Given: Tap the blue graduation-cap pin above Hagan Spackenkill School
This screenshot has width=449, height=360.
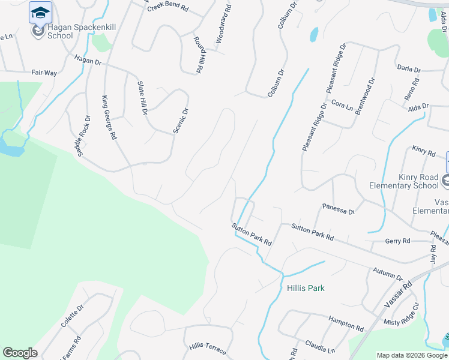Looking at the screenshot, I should tap(40, 12).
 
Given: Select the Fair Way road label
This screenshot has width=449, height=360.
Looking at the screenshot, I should tap(44, 73).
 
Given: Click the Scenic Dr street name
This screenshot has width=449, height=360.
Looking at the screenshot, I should tap(181, 119).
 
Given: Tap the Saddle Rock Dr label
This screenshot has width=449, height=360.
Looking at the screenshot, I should tap(83, 136).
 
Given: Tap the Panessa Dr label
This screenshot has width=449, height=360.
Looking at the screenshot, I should tap(339, 209).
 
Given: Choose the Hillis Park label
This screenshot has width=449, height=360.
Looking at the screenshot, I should tap(306, 288).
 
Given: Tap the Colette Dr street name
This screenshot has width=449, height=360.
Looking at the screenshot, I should tap(72, 315).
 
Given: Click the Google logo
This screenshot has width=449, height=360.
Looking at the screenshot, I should tap(20, 353).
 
